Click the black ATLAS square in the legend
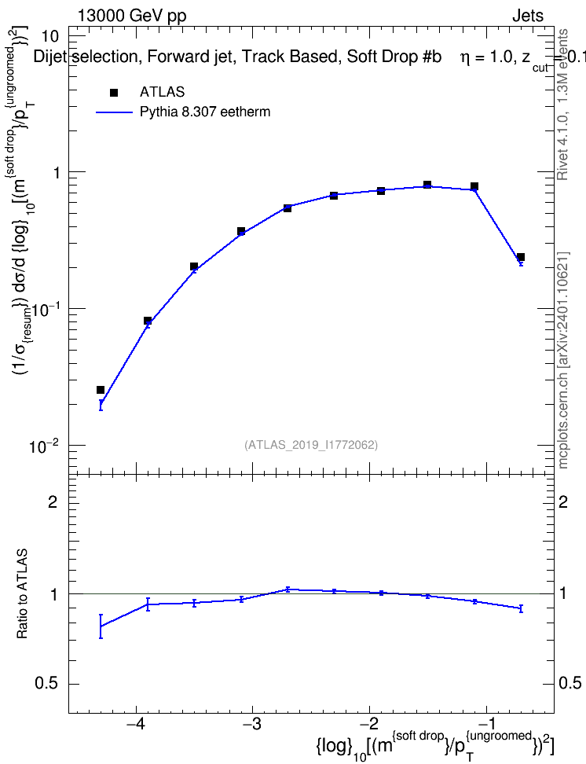point(114,92)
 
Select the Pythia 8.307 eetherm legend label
point(205,112)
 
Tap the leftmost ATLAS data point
point(101,390)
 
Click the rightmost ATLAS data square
point(521,257)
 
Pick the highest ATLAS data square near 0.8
point(427,185)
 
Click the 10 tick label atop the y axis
point(50,36)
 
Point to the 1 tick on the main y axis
point(54,172)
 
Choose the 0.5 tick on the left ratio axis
point(46,684)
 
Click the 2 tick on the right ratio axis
point(563,501)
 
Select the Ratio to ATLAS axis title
point(23,594)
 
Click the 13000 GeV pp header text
point(132,16)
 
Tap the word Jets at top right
point(528,16)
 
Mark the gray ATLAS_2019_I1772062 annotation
point(311,445)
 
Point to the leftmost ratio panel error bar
point(101,626)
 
